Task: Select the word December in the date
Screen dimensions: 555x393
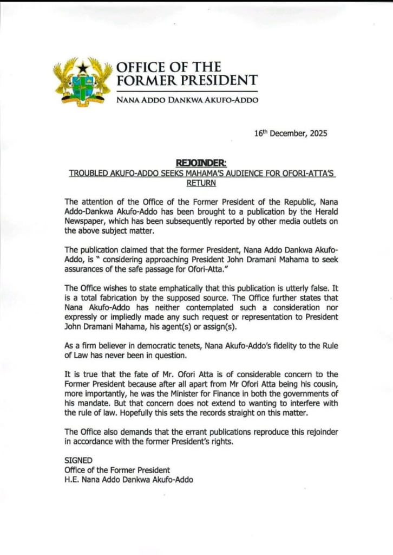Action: (287, 133)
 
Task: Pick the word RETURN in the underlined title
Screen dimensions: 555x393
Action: (201, 183)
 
